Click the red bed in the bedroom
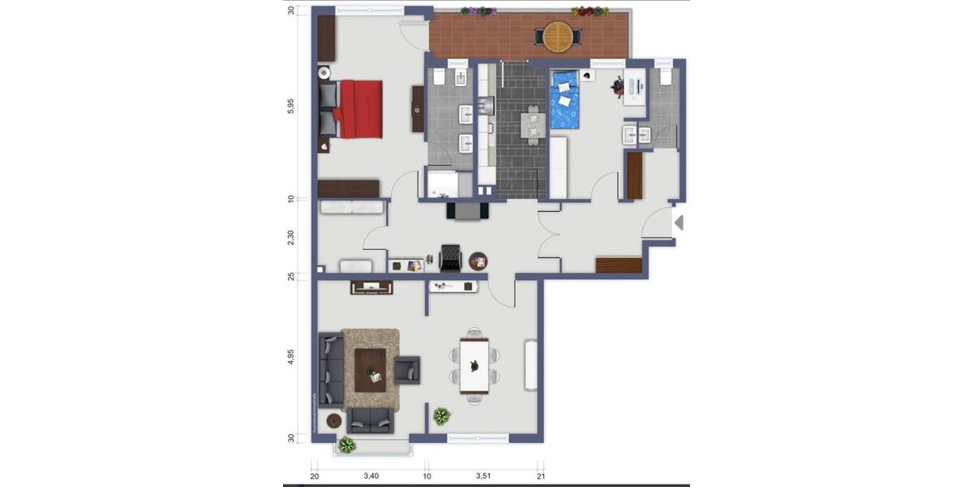(x=360, y=108)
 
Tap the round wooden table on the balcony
(x=557, y=36)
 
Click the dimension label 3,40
(x=371, y=476)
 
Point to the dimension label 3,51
(x=484, y=476)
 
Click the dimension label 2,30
(x=290, y=238)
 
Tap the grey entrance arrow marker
(x=679, y=222)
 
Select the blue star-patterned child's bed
(x=565, y=101)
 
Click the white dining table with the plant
(x=474, y=366)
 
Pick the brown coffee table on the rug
(x=371, y=370)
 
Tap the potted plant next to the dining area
(x=441, y=416)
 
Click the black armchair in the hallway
(x=450, y=257)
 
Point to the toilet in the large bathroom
(x=439, y=77)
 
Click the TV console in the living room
(x=371, y=287)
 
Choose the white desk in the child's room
(x=635, y=88)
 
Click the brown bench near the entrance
(x=619, y=265)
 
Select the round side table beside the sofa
(x=334, y=420)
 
